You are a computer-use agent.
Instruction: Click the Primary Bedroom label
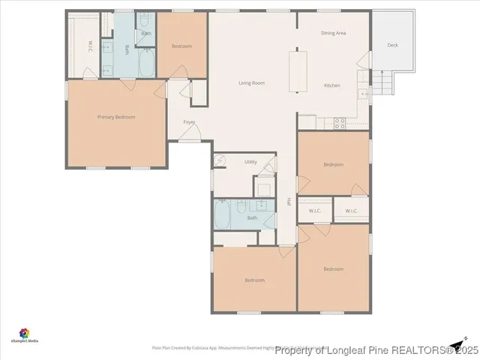click(x=116, y=117)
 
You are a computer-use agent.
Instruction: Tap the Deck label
click(x=392, y=46)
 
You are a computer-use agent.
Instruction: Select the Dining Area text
click(x=333, y=33)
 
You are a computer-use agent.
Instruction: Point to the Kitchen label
click(x=331, y=85)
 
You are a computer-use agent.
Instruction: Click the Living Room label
click(x=251, y=82)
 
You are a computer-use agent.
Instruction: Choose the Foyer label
click(x=189, y=121)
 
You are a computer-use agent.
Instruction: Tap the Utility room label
click(x=250, y=162)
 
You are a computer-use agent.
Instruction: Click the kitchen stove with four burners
click(x=338, y=122)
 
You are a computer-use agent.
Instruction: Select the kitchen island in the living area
click(x=301, y=70)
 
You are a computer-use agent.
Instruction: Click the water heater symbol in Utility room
click(x=220, y=160)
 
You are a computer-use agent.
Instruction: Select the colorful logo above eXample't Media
click(x=25, y=332)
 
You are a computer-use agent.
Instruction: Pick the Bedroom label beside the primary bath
click(x=181, y=46)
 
